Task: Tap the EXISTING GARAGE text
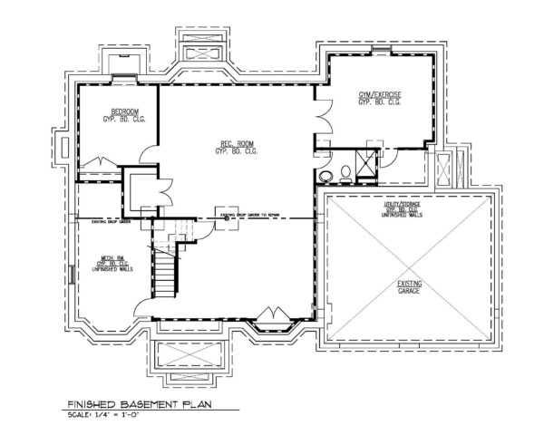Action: [x=409, y=288]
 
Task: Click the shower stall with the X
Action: [x=367, y=163]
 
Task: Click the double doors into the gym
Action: [x=321, y=118]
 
